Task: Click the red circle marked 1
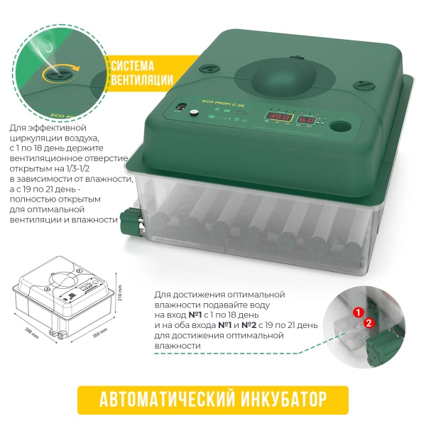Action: pyautogui.click(x=359, y=312)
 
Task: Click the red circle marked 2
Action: pyautogui.click(x=368, y=322)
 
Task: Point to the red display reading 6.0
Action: pyautogui.click(x=306, y=121)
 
